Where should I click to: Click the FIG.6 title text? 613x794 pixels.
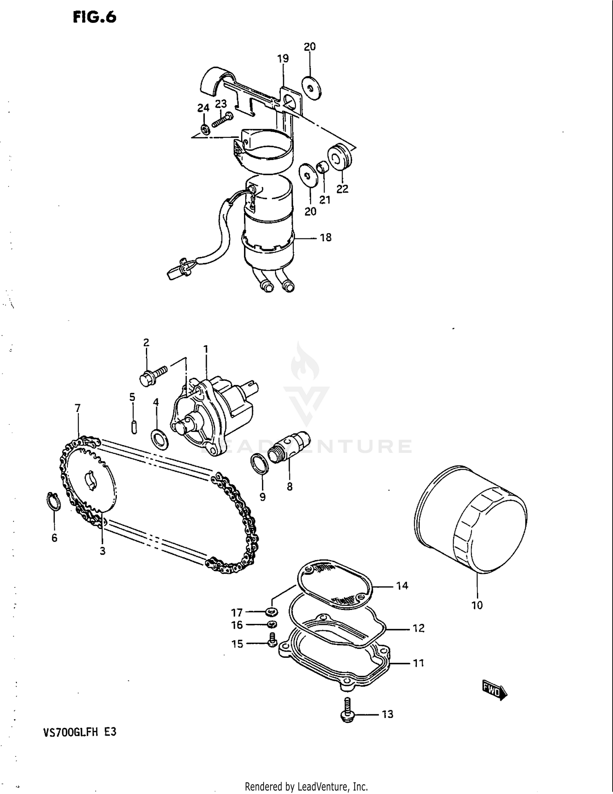94,17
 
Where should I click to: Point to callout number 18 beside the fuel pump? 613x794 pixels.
326,238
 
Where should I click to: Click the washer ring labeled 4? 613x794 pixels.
159,439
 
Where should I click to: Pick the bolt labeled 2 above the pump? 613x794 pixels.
153,374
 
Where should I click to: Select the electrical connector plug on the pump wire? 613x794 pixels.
178,270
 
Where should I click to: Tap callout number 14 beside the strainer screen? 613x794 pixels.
402,586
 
